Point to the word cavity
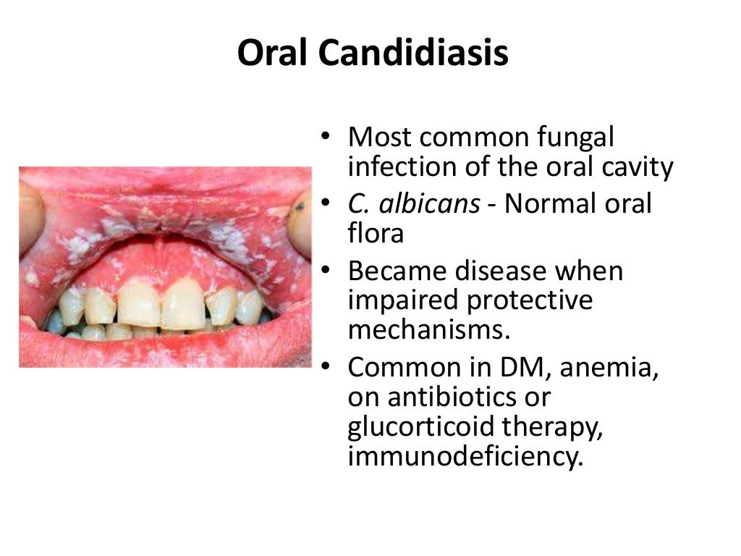pos(632,167)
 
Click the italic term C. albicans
pos(413,204)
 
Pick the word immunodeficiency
pos(465,458)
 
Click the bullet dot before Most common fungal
pos(328,137)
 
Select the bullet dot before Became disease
pos(328,272)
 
